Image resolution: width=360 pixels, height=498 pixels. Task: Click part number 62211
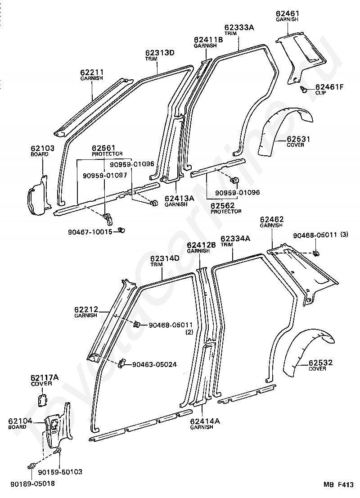pyautogui.click(x=92, y=72)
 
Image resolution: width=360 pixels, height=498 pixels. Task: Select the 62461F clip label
pyautogui.click(x=329, y=87)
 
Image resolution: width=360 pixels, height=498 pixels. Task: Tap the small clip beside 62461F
pyautogui.click(x=305, y=90)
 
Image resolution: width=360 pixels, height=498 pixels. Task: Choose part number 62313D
pyautogui.click(x=159, y=53)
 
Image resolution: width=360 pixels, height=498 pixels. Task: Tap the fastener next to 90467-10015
pyautogui.click(x=121, y=231)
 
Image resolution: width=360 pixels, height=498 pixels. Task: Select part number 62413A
pyautogui.click(x=179, y=198)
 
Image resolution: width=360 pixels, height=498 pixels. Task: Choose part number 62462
pyautogui.click(x=271, y=219)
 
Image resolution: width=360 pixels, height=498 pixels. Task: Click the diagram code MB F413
pyautogui.click(x=338, y=485)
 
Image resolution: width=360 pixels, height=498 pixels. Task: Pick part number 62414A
pyautogui.click(x=204, y=421)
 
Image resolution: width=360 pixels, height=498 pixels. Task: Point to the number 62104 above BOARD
pyautogui.click(x=20, y=421)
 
